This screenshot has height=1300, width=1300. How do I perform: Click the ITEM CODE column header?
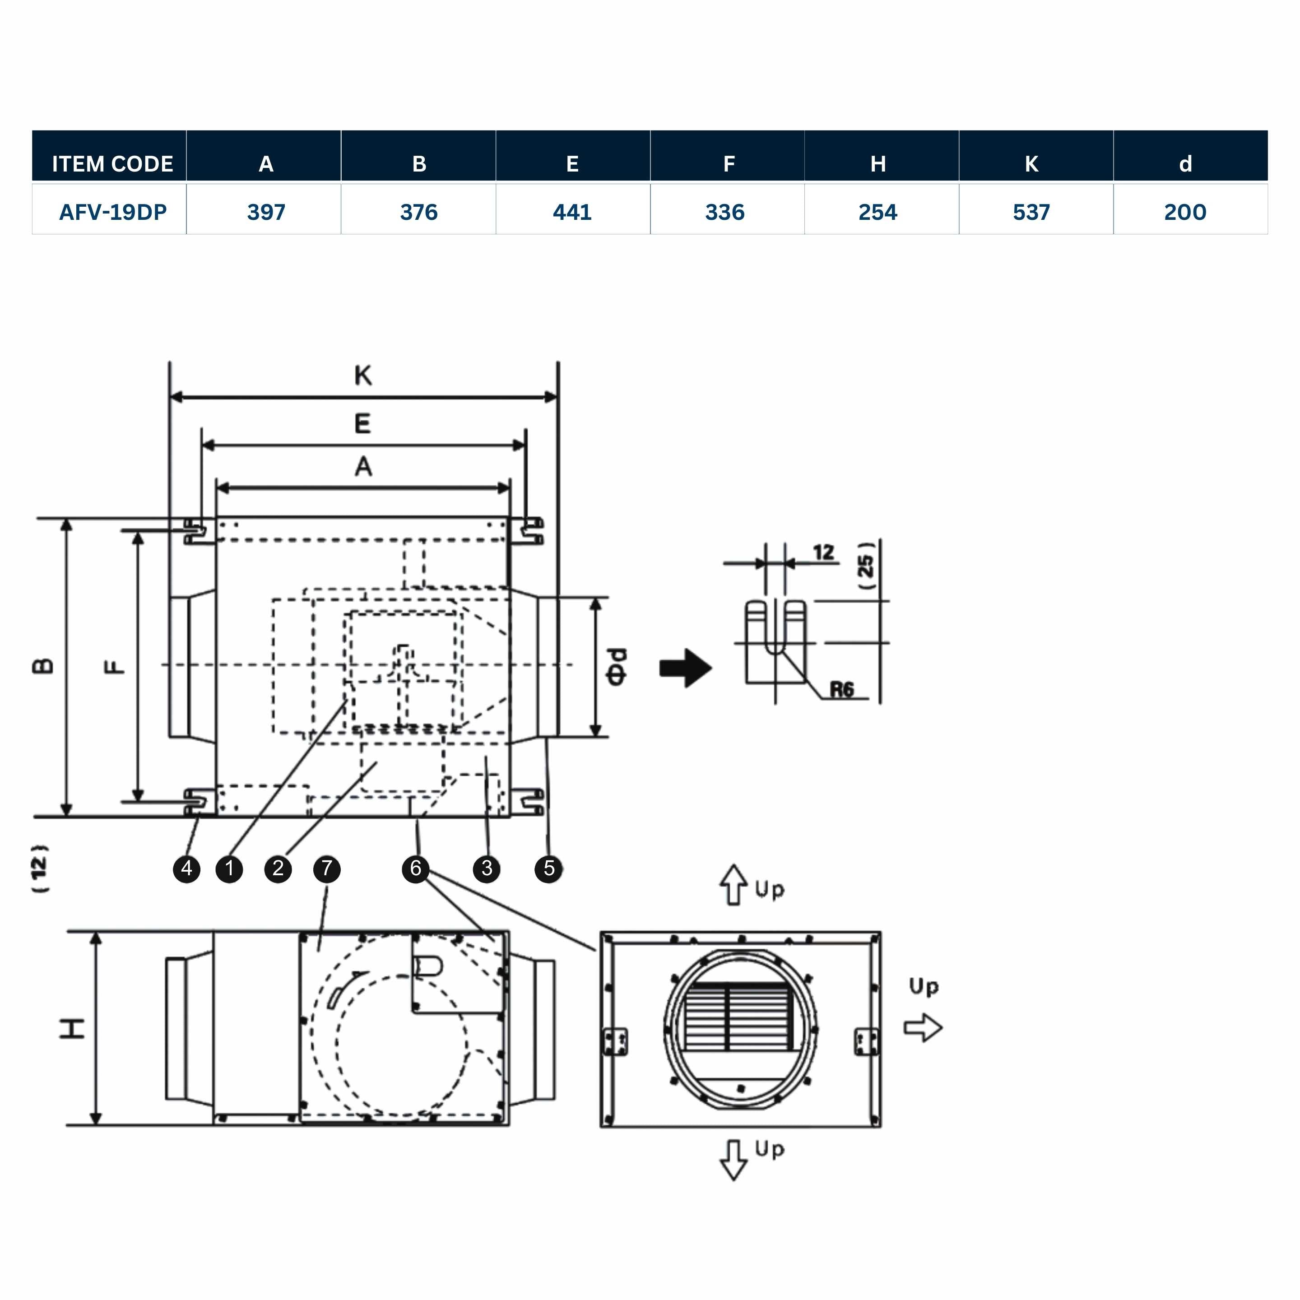pos(112,163)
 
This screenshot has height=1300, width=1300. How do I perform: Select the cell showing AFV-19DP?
pos(112,212)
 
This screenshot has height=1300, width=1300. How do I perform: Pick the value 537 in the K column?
pos(1031,212)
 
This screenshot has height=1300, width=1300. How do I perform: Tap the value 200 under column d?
pos(1185,212)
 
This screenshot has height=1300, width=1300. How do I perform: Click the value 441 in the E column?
pos(572,212)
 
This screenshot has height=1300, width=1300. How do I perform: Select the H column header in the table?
pos(877,163)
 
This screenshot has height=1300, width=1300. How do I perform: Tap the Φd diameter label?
pos(616,667)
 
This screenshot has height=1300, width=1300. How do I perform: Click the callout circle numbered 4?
pos(186,868)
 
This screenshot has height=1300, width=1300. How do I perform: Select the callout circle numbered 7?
pos(327,868)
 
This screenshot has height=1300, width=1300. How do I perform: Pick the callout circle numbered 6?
pos(415,868)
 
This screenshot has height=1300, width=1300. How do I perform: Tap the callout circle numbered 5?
pos(548,868)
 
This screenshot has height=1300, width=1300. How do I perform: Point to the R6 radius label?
pos(841,690)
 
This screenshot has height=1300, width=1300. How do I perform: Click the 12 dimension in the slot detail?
pos(823,552)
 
